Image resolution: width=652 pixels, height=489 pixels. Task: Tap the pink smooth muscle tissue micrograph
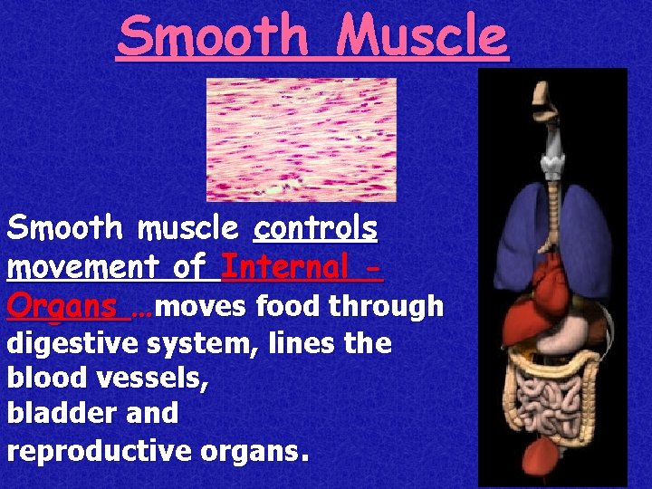coord(301,139)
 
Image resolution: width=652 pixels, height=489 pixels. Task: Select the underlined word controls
coord(316,228)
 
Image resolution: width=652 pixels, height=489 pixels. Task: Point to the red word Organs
coord(62,306)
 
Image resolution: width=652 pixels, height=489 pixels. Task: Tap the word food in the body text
coord(289,307)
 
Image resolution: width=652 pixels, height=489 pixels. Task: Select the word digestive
coord(72,345)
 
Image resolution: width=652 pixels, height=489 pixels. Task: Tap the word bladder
coord(60,414)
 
